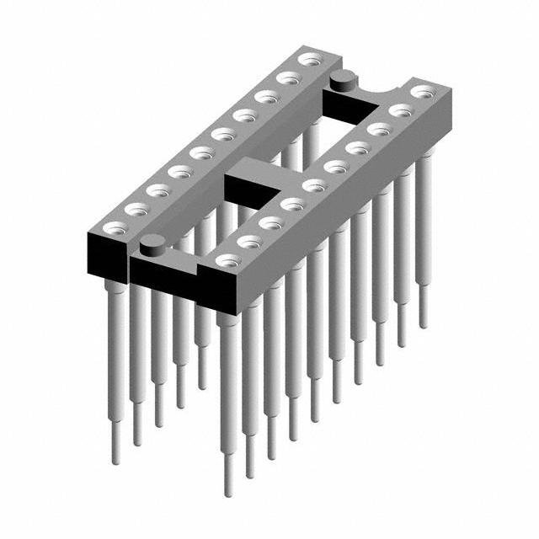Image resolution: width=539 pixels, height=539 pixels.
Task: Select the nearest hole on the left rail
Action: [x=115, y=227]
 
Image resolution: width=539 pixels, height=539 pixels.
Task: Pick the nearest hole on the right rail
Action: [x=226, y=261]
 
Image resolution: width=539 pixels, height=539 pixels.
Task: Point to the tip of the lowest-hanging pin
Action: [x=228, y=492]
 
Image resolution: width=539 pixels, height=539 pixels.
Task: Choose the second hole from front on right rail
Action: [x=247, y=242]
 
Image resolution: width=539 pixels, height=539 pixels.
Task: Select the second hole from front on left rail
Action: [x=136, y=207]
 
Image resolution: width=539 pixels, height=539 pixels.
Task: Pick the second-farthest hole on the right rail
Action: [x=400, y=109]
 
